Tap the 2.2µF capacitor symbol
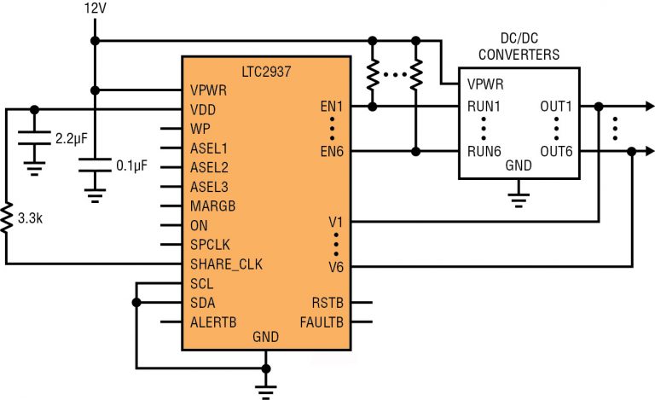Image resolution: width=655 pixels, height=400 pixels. (x=34, y=136)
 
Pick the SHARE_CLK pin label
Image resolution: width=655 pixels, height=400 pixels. (x=226, y=264)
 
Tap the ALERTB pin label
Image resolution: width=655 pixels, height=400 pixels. (x=213, y=322)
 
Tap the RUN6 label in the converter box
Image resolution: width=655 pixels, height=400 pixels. (x=484, y=152)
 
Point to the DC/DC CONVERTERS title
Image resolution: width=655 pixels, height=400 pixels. (x=519, y=48)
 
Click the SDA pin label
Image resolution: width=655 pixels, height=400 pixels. (x=203, y=303)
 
